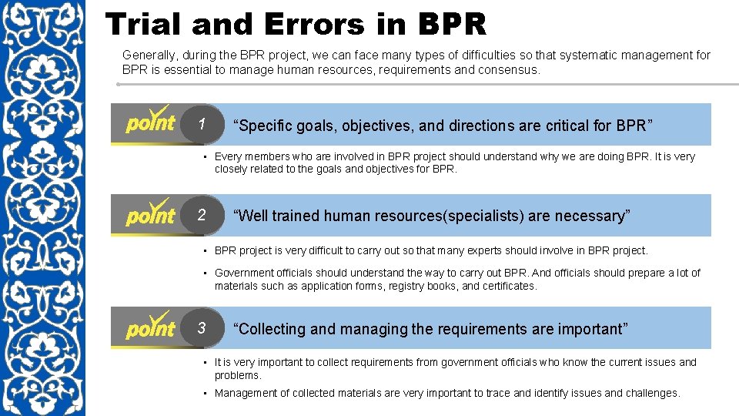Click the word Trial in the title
point(145,25)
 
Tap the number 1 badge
point(202,124)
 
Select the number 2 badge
point(202,215)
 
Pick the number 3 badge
point(202,328)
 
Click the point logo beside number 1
point(151,122)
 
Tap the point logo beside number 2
point(151,213)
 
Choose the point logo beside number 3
point(151,327)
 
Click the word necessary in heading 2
point(594,216)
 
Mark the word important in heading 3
point(590,329)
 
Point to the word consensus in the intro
point(510,69)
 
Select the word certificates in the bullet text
point(510,286)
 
